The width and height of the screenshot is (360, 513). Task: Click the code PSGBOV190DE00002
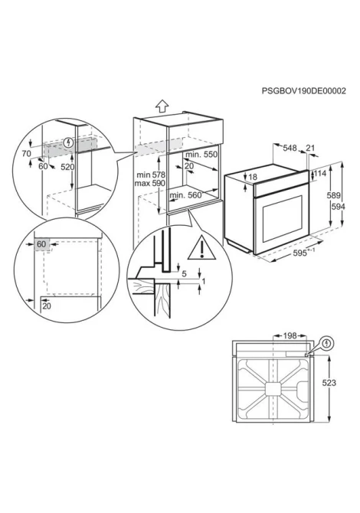coord(304,91)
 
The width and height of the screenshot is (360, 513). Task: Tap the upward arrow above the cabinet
coord(162,106)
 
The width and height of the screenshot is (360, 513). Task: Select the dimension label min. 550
coord(201,154)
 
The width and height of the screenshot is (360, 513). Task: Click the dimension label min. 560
coord(185,195)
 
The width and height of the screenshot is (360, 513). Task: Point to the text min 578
coord(151,175)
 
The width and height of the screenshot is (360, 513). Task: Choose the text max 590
coord(150,183)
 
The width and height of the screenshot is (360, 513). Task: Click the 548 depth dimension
coord(290,149)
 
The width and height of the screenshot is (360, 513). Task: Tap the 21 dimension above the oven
coord(310,148)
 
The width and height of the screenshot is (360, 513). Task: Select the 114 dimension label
coord(320,173)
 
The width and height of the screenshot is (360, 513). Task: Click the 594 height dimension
coord(338,207)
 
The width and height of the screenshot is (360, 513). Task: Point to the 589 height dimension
coord(334,196)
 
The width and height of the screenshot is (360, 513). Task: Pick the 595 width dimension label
coord(300,253)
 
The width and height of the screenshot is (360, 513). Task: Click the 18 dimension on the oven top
coord(253,177)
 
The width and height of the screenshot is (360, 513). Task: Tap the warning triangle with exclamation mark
coord(202,247)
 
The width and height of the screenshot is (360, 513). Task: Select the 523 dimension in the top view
coord(329,383)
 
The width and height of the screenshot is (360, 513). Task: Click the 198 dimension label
coord(290,335)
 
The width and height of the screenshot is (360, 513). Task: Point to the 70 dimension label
coord(27,153)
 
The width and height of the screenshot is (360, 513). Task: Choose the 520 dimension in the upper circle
coord(67,167)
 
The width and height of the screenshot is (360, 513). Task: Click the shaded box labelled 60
coord(41,244)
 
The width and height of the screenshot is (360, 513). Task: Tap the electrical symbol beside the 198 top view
coord(327,344)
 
